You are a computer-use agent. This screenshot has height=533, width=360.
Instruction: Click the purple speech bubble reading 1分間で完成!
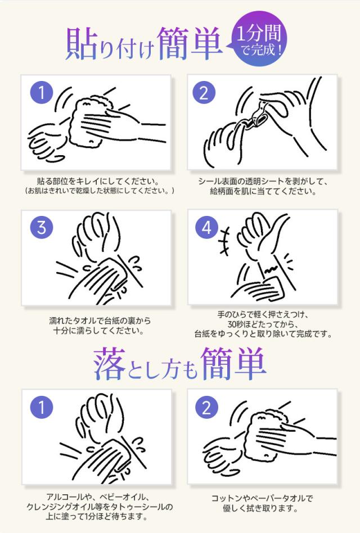pos(259,40)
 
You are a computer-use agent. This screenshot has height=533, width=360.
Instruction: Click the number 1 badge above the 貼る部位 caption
pos(41,92)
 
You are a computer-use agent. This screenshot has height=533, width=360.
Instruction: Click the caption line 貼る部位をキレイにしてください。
pos(96,182)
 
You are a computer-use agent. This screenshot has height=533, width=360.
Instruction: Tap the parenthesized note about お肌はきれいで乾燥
pos(96,191)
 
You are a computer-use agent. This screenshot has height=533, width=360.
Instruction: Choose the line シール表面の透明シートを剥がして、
pos(262,182)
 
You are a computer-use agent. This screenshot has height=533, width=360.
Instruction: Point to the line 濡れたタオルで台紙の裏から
pos(100,321)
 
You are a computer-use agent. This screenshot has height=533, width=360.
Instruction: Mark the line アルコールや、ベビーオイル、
pos(97,498)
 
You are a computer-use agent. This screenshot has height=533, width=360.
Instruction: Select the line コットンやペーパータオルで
pos(262,498)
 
